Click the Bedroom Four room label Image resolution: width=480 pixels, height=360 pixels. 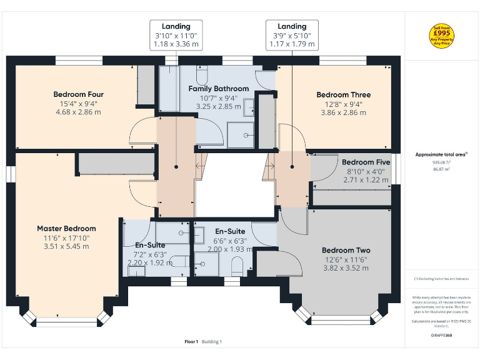click(79, 94)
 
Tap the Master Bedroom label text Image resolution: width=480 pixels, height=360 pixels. click(66, 229)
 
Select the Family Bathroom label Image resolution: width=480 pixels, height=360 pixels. click(219, 89)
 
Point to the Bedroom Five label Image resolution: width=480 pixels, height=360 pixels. click(366, 162)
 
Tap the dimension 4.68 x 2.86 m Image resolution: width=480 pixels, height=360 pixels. click(79, 112)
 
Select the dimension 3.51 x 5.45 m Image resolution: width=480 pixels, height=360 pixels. click(66, 246)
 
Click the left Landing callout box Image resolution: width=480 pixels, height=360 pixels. click(176, 35)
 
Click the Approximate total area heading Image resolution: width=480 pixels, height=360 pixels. click(441, 154)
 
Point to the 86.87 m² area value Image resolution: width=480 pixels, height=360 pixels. click(441, 169)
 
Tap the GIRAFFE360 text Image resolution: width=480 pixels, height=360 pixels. click(441, 336)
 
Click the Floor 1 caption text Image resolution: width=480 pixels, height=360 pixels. click(191, 342)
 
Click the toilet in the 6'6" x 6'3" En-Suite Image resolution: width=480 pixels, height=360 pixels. click(237, 267)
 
